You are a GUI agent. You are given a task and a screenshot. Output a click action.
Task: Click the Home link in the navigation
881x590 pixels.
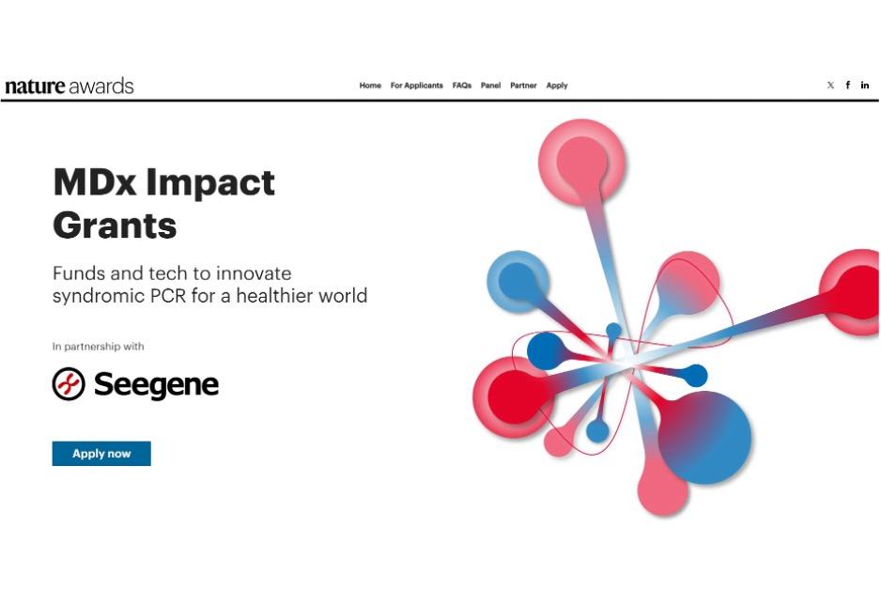coord(370,85)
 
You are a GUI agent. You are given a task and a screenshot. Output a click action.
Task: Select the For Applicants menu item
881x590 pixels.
coord(416,85)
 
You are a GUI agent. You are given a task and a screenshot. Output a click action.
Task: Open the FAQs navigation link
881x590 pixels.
coord(461,85)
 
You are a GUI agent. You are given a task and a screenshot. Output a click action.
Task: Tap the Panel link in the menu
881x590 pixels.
coord(490,85)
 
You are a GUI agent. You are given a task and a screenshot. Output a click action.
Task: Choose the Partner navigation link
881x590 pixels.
coord(523,85)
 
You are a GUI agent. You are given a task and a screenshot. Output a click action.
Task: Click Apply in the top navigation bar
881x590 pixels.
coord(557,85)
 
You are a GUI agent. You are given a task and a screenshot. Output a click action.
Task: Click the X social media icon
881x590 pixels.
coord(830,85)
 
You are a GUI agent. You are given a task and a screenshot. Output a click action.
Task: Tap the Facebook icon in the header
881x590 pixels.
coord(847,85)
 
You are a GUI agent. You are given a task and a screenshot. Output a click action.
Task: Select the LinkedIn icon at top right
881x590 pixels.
coord(865,85)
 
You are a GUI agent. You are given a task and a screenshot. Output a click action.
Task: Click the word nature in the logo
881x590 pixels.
coord(35,86)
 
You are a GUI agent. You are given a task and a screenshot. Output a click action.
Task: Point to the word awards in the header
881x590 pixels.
coord(101,86)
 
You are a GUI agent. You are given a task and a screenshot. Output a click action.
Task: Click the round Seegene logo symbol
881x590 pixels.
coord(69,384)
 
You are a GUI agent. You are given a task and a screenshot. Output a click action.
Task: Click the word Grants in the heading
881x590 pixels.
coord(115,225)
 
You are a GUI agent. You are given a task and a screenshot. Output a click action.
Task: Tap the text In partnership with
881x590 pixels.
coord(99,347)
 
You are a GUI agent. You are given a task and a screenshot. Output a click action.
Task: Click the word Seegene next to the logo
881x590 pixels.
coord(156,384)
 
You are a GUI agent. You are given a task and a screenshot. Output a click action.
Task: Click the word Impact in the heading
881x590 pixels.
coord(213,181)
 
